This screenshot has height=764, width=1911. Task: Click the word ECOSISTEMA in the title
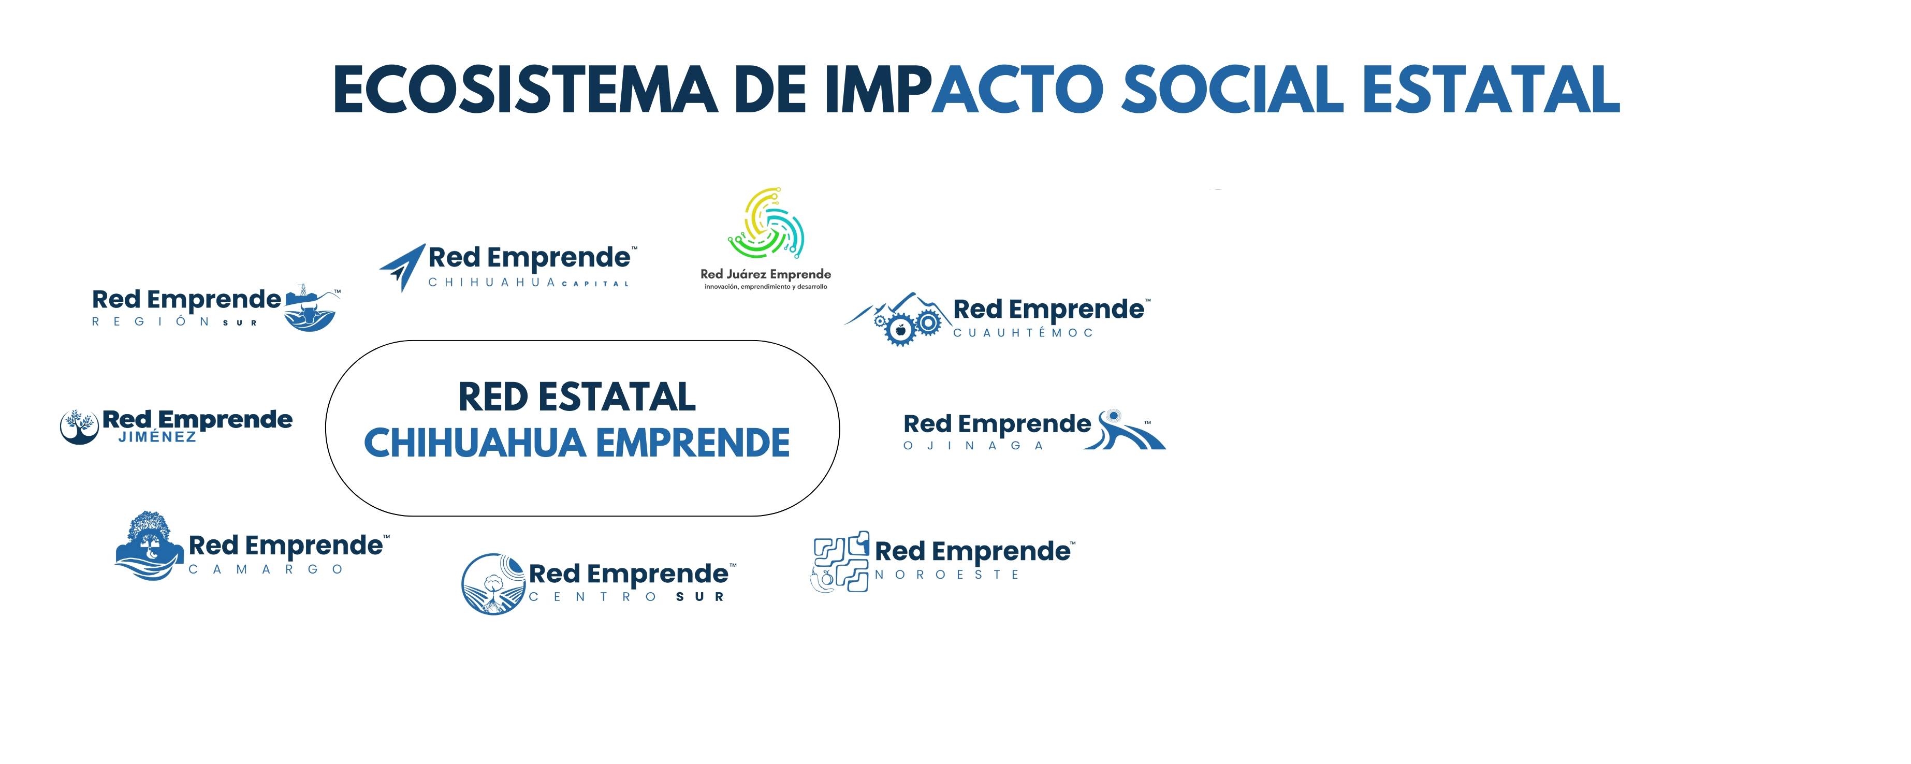(x=525, y=89)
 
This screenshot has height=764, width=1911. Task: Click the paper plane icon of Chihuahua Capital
(x=403, y=267)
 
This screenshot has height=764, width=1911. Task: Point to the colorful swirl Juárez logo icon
(x=766, y=223)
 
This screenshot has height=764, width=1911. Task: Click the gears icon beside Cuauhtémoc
(x=908, y=325)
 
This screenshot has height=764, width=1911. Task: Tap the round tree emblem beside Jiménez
(x=79, y=427)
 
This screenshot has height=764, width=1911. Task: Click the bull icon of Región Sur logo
(x=310, y=310)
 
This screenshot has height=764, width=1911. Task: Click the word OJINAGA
(x=973, y=446)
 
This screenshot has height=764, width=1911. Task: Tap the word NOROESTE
(x=946, y=575)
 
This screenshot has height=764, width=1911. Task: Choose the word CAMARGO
(x=266, y=570)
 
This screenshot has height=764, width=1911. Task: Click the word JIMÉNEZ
(x=157, y=437)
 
